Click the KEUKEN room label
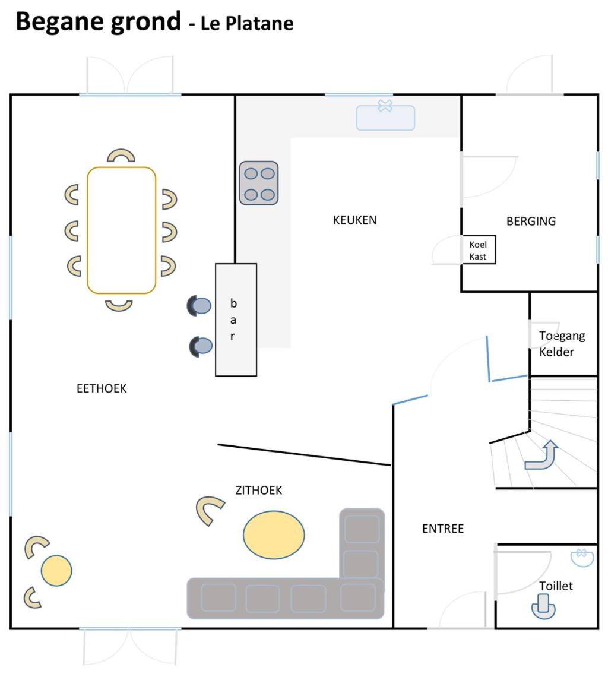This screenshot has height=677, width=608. pyautogui.click(x=354, y=220)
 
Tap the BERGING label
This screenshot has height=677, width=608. pyautogui.click(x=531, y=221)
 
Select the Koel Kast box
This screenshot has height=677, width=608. pyautogui.click(x=479, y=249)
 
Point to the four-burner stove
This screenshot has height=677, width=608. pyautogui.click(x=259, y=183)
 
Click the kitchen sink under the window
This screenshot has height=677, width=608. pyautogui.click(x=385, y=116)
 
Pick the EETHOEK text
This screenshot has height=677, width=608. pyautogui.click(x=102, y=388)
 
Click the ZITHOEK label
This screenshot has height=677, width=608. pyautogui.click(x=259, y=490)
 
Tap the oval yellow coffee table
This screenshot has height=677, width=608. pyautogui.click(x=274, y=535)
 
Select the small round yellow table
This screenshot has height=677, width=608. pyautogui.click(x=56, y=570)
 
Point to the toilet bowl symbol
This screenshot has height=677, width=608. pyautogui.click(x=543, y=606)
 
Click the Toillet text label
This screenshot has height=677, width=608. pyautogui.click(x=556, y=586)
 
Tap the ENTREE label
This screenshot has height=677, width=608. pyautogui.click(x=443, y=529)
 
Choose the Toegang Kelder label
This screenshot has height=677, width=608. pyautogui.click(x=562, y=344)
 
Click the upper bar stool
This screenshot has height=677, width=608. pyautogui.click(x=199, y=306)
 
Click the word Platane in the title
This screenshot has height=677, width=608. pyautogui.click(x=260, y=23)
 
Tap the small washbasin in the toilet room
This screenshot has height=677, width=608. pyautogui.click(x=582, y=557)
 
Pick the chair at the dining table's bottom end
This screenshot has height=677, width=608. pyautogui.click(x=119, y=306)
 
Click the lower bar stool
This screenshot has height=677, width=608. pyautogui.click(x=201, y=346)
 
